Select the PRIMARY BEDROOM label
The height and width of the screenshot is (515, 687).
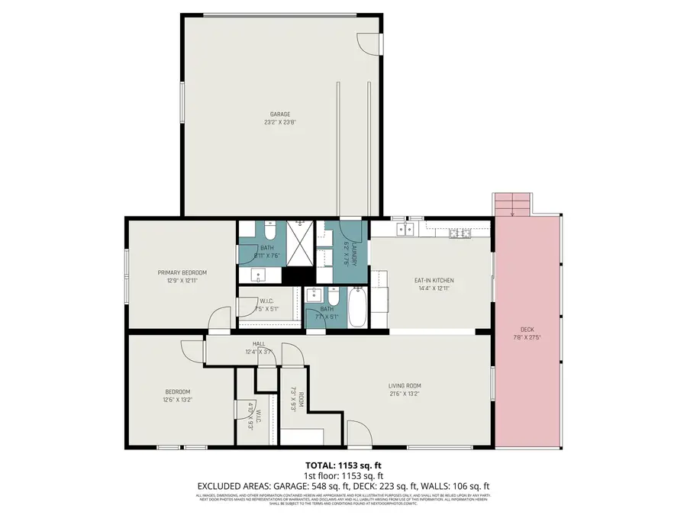(182, 272)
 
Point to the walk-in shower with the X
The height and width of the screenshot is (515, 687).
(298, 243)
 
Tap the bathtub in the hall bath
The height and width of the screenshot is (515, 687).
(358, 307)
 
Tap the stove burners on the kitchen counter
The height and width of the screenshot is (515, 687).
(460, 231)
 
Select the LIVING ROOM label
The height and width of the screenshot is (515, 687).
(405, 385)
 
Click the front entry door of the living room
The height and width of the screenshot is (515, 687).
(356, 434)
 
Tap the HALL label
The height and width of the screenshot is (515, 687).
(259, 345)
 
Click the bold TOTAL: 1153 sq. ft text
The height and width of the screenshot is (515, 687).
(343, 464)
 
